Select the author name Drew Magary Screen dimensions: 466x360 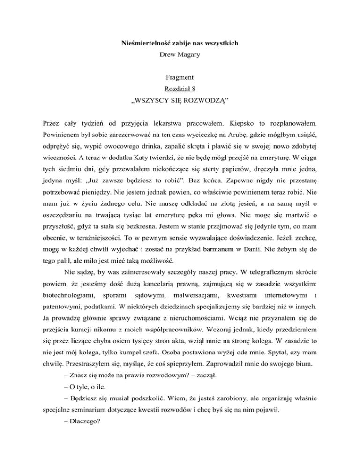180,60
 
